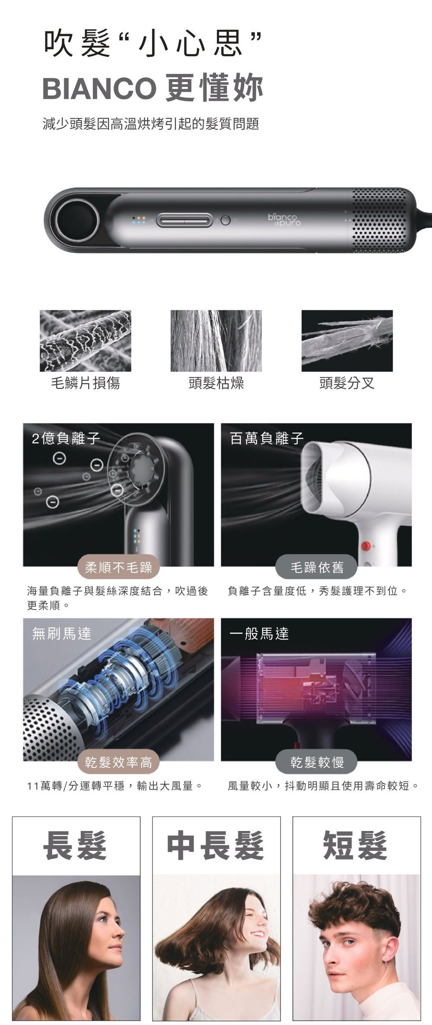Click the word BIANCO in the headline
99,88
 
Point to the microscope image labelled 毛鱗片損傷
85,341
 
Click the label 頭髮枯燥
216,383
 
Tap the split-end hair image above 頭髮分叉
347,341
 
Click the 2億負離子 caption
66,438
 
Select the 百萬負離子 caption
267,438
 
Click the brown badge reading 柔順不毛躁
118,567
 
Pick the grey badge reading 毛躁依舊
317,567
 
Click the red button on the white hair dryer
366,545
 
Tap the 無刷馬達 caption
62,633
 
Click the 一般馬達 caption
259,633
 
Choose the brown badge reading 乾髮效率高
118,762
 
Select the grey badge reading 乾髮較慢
317,762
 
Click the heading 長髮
75,846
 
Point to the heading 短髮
356,846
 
